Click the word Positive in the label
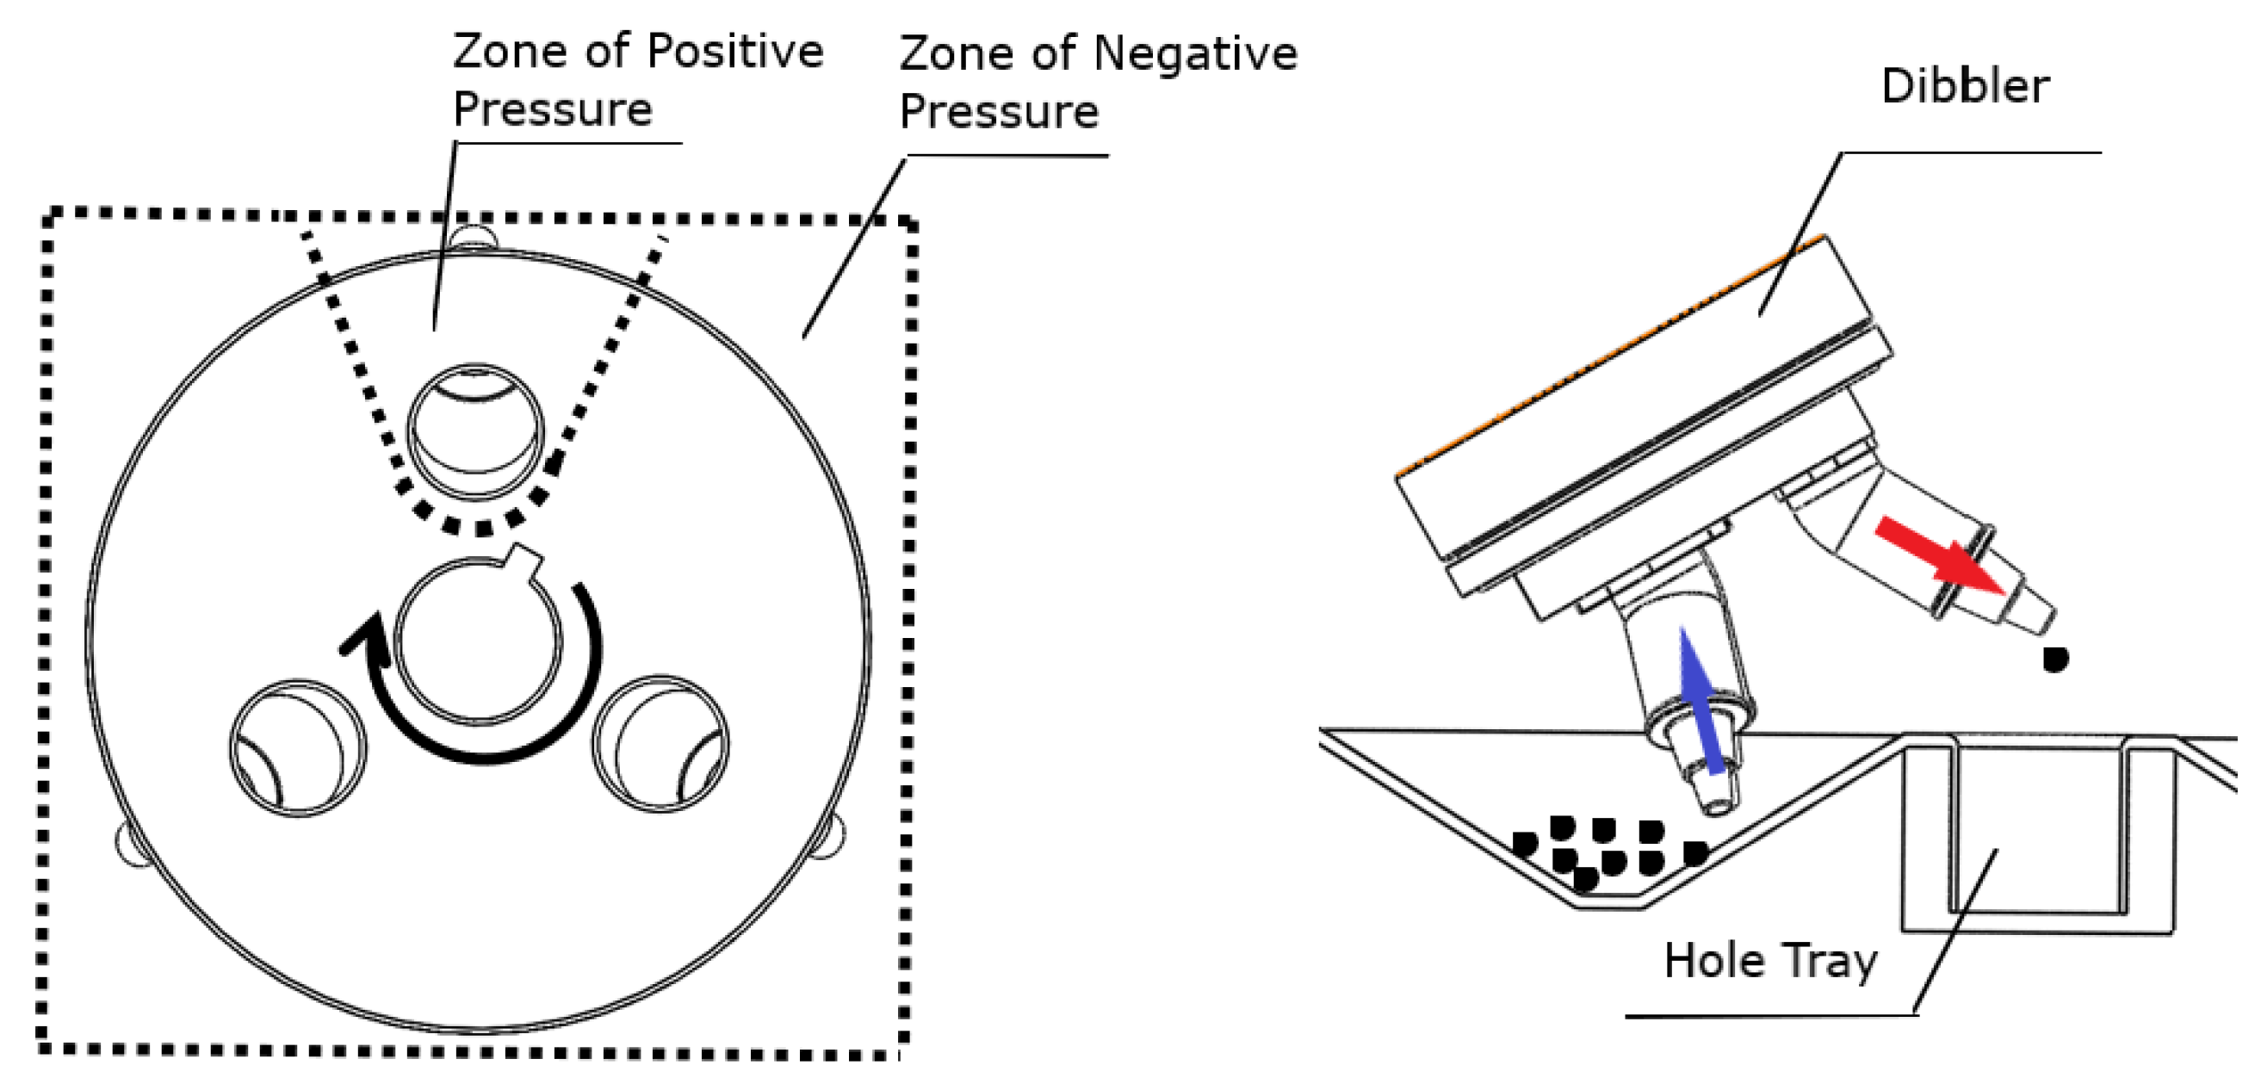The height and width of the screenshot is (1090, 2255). pos(735,53)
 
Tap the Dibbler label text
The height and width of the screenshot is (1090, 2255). pos(1964,87)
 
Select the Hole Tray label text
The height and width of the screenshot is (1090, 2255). pos(1770,962)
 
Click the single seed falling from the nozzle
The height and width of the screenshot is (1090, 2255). pos(2054,659)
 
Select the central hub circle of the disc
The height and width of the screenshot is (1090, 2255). pos(478,641)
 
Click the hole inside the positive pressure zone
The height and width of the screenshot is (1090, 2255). pos(475,431)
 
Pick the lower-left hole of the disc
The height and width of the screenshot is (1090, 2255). pos(298,747)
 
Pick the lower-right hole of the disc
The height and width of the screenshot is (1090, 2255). pos(660,744)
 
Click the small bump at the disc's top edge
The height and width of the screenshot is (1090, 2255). pos(473,238)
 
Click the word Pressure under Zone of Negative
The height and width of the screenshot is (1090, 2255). pos(999,112)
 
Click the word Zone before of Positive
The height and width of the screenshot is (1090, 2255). pos(510,53)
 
